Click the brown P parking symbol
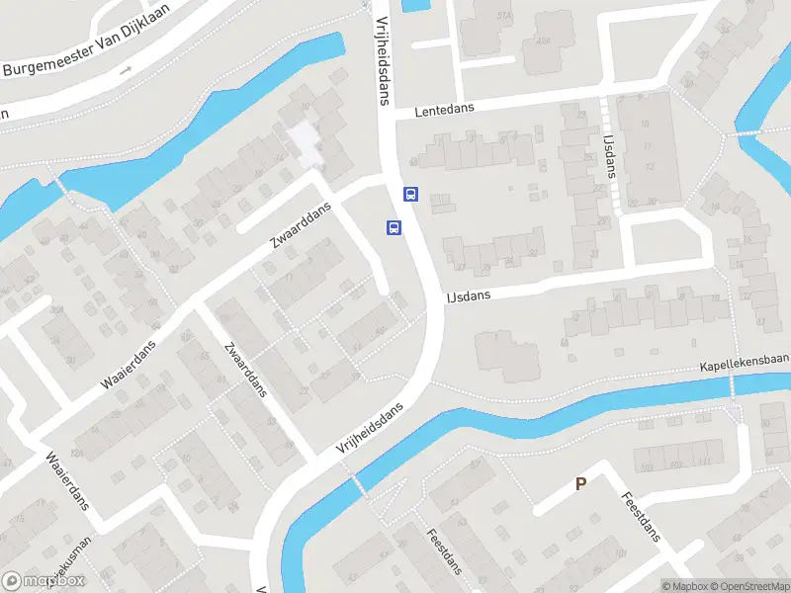pyautogui.click(x=580, y=483)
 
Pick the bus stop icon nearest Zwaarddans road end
pyautogui.click(x=394, y=227)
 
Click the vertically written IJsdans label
pyautogui.click(x=610, y=156)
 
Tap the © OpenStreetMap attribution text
pyautogui.click(x=750, y=586)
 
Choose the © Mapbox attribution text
pyautogui.click(x=685, y=586)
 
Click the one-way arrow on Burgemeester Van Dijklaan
pyautogui.click(x=126, y=70)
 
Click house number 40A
pyautogui.click(x=543, y=42)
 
